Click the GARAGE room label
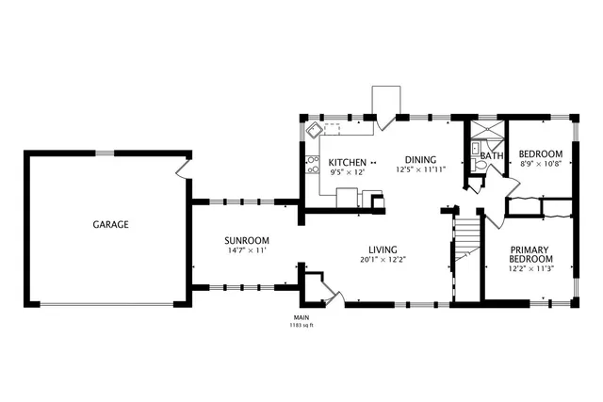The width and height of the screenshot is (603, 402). pos(110,225)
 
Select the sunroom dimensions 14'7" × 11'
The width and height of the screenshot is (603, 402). pos(247,251)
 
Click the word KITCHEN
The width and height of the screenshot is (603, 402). pos(347,162)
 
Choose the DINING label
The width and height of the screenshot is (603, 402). pos(420,159)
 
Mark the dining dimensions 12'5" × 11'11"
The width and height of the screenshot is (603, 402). pos(420,170)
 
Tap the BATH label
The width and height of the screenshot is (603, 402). pos(492,155)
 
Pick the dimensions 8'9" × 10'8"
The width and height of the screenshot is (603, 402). pos(541,164)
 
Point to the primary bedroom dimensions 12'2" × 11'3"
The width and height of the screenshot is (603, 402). pos(531,268)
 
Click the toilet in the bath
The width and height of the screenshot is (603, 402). pos(479,165)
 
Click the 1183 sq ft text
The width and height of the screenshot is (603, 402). pos(301,326)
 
